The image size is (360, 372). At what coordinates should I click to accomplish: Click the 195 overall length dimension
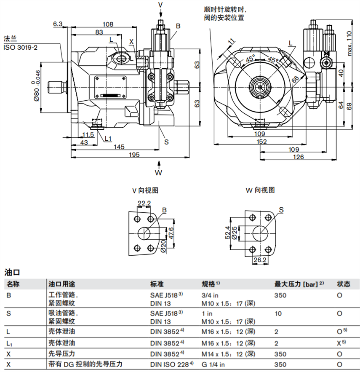tap(133, 155)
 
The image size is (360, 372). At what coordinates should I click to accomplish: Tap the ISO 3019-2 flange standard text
tap(21, 47)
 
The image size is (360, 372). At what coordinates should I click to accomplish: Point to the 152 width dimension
tap(262, 142)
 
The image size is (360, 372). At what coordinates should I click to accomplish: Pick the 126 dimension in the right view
tap(298, 157)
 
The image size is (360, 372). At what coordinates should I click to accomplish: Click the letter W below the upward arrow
tap(158, 173)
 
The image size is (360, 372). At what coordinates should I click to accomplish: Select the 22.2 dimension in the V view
tap(144, 203)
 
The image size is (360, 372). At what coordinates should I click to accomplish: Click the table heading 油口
tap(12, 272)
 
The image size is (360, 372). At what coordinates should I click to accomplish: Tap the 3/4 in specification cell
tap(210, 295)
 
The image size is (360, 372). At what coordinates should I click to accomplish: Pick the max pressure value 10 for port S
tap(278, 314)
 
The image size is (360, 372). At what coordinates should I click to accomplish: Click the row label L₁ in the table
tap(9, 344)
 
